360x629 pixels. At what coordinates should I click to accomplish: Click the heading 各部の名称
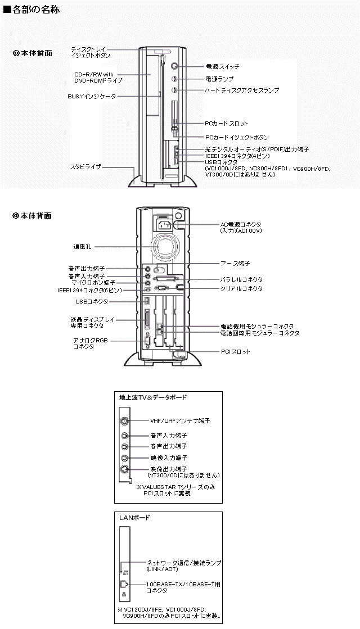(x=32, y=9)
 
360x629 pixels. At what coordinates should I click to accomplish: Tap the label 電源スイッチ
(x=222, y=66)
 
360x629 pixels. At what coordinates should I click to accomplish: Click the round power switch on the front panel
(x=174, y=66)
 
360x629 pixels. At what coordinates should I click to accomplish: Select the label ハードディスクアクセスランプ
(x=242, y=90)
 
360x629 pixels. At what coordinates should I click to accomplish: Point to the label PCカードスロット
(x=226, y=124)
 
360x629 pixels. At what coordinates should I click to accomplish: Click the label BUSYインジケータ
(x=92, y=97)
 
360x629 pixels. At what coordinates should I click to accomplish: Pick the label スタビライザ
(x=85, y=167)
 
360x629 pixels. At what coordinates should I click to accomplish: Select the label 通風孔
(x=82, y=247)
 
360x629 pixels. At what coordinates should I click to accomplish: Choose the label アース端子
(x=235, y=264)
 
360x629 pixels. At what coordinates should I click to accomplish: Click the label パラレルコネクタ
(x=241, y=279)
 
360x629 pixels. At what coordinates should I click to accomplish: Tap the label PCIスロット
(x=236, y=352)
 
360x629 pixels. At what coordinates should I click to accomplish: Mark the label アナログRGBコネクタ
(x=91, y=343)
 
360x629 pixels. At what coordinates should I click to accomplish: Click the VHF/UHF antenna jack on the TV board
(x=125, y=421)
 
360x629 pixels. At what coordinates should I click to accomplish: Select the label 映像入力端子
(x=169, y=458)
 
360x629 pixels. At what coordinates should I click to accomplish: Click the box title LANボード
(x=134, y=518)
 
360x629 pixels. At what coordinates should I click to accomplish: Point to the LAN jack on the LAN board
(x=124, y=585)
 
